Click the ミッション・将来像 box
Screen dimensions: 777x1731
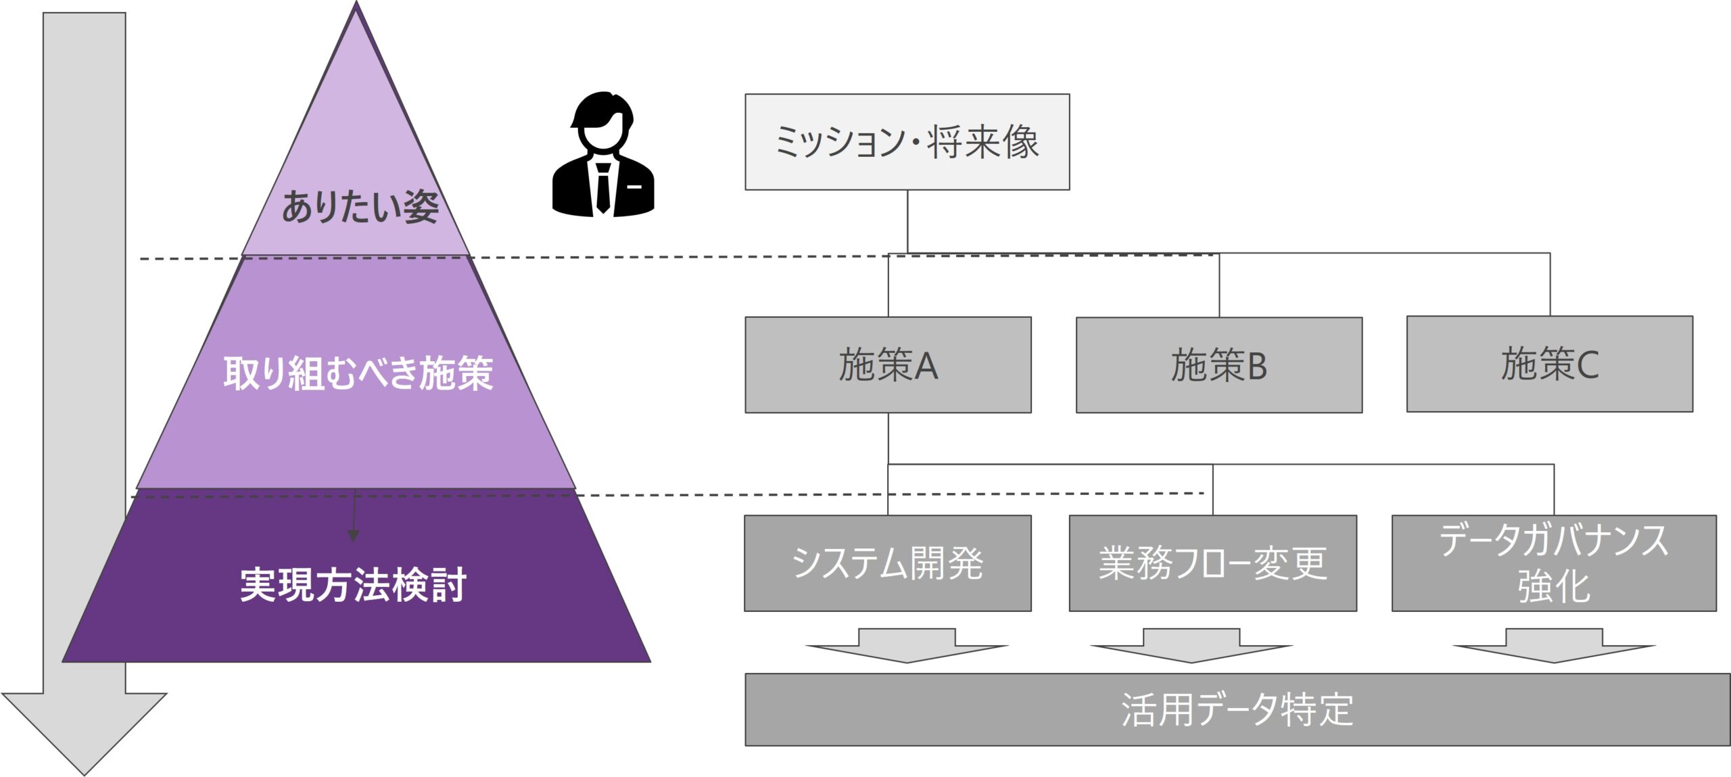907,142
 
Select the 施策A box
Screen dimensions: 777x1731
888,365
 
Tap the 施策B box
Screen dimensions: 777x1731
1218,365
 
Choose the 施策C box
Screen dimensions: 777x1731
1549,364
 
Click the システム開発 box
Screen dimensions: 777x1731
887,563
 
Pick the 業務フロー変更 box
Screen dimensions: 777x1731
1212,563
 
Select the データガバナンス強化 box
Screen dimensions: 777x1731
1553,563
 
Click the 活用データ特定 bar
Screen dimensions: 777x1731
1237,710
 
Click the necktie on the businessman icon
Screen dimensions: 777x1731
603,189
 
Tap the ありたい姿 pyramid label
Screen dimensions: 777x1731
360,207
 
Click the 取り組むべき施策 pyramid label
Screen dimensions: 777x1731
358,373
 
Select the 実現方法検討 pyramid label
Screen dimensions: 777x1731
353,585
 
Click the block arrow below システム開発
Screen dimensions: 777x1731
907,645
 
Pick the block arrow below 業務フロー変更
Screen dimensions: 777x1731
1191,645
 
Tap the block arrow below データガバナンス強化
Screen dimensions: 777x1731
1554,645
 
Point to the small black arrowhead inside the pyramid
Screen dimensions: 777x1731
353,536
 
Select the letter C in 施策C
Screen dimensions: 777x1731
1588,365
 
